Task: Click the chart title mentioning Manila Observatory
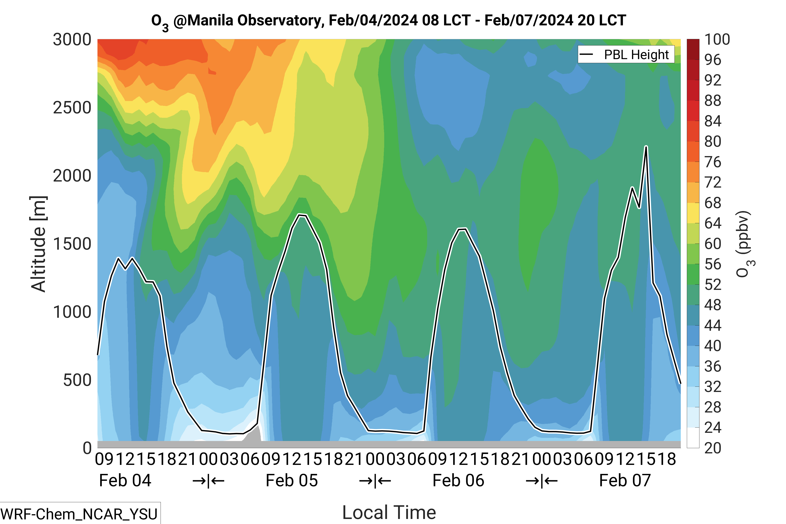click(388, 21)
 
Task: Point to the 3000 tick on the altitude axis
click(72, 40)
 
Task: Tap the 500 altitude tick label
click(77, 380)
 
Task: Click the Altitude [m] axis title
click(38, 244)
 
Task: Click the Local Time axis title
click(389, 512)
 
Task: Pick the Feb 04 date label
click(125, 481)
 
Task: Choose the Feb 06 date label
click(458, 481)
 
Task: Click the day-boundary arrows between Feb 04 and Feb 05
click(208, 481)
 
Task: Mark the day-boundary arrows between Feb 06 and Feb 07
click(541, 481)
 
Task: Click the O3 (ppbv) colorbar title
click(745, 244)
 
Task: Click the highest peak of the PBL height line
click(646, 147)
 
